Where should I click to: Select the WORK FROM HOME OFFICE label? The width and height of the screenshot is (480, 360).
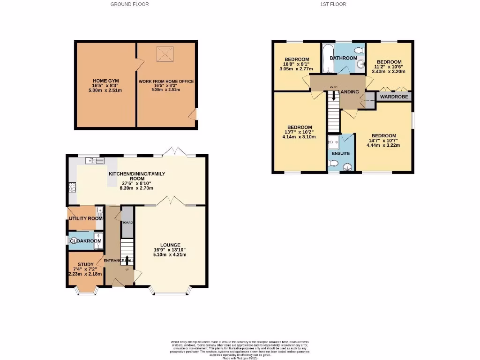[166, 81]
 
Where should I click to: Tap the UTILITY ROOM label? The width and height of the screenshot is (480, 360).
[85, 218]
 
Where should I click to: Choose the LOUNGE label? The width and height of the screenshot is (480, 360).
[170, 245]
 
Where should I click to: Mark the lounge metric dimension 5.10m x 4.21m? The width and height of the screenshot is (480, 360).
[170, 255]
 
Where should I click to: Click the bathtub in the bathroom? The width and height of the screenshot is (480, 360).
[327, 59]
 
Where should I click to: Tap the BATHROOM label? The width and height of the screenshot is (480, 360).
[343, 58]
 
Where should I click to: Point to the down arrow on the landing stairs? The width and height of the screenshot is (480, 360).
[334, 96]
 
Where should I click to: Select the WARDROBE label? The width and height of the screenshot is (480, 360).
[394, 97]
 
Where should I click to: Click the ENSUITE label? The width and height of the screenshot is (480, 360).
[341, 153]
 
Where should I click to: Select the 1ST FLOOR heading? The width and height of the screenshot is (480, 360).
[333, 4]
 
